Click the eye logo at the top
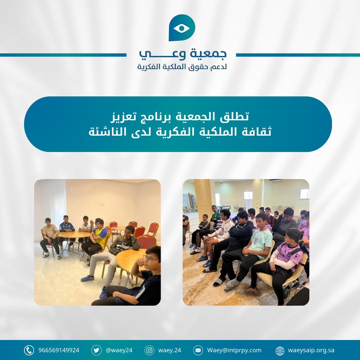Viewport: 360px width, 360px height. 182,28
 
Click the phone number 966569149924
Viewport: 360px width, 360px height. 59,350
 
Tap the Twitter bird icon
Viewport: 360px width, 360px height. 96,350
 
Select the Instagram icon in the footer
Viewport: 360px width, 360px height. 149,350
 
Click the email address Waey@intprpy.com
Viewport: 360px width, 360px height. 234,350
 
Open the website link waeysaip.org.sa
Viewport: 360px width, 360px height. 311,350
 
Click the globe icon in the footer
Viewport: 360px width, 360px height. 280,351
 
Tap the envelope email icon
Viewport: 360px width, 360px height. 198,350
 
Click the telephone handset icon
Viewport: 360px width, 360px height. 29,350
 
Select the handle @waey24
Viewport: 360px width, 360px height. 119,350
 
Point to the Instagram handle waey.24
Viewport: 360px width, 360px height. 169,350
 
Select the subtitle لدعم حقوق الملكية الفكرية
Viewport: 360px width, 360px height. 182,67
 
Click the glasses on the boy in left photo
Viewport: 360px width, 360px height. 151,259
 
